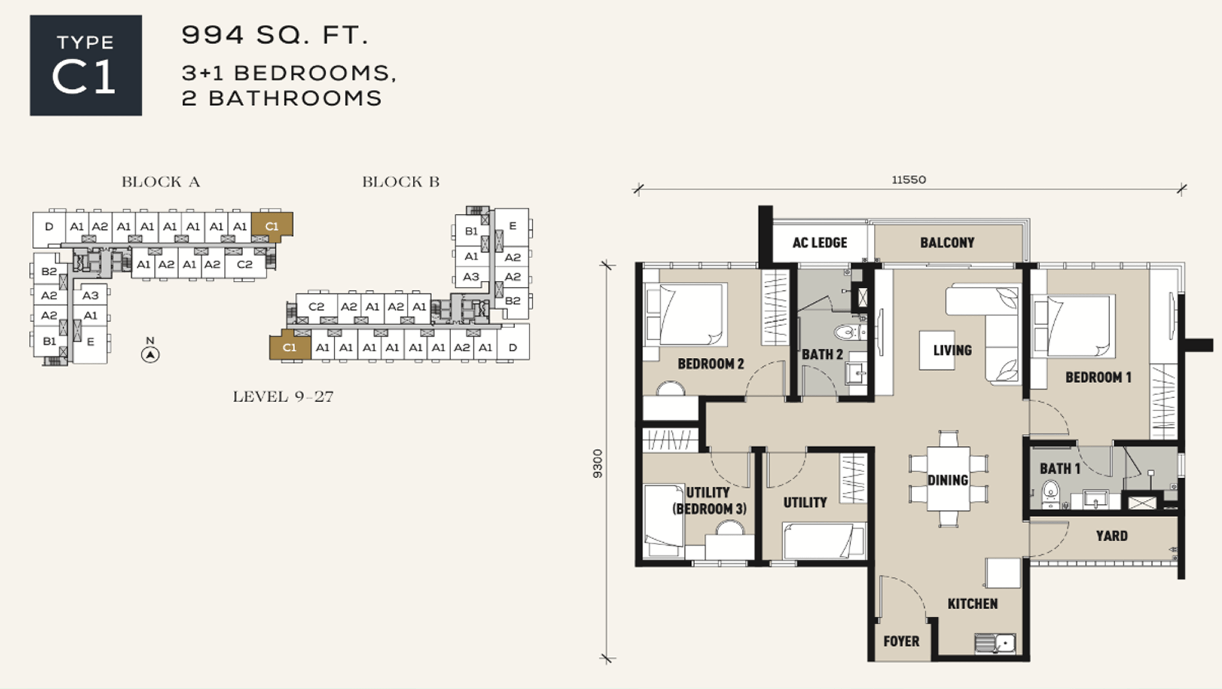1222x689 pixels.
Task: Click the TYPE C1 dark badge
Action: tap(85, 65)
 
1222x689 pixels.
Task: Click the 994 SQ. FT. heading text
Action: tap(275, 36)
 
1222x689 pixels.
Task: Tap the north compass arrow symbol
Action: tap(150, 355)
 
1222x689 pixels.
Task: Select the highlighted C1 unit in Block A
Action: tap(272, 225)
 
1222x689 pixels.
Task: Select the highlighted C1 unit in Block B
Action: tap(290, 347)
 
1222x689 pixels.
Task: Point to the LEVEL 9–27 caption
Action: tap(283, 397)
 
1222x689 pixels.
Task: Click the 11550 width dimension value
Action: tap(909, 180)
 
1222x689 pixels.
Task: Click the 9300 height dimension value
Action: tap(598, 464)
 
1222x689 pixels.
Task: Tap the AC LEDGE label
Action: tap(820, 243)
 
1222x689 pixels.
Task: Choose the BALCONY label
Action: tap(947, 243)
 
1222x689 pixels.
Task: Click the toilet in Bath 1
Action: tap(1050, 493)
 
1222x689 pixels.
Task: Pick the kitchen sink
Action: tap(995, 644)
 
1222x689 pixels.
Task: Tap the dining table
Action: tap(948, 480)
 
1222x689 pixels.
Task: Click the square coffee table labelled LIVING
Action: tap(936, 350)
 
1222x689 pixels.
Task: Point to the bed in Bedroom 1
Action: tap(1073, 326)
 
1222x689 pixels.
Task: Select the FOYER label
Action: tap(901, 642)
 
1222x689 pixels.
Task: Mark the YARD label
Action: tap(1112, 537)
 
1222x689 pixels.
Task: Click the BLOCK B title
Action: tap(401, 181)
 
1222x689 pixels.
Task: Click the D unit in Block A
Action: tap(49, 226)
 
